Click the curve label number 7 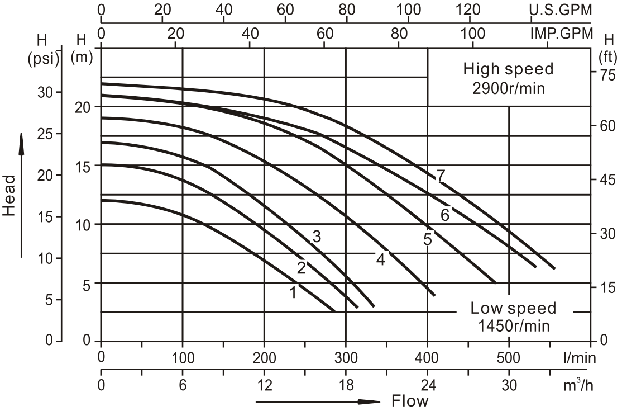click(441, 176)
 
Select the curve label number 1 click(293, 291)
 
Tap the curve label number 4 click(381, 259)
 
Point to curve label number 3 click(317, 237)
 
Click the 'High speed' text click(508, 69)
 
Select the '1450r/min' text click(513, 325)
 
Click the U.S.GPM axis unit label click(561, 10)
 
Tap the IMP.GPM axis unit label click(561, 33)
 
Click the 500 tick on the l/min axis click(509, 357)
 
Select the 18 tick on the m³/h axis click(346, 386)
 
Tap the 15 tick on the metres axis click(82, 166)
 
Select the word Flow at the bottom click(410, 401)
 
